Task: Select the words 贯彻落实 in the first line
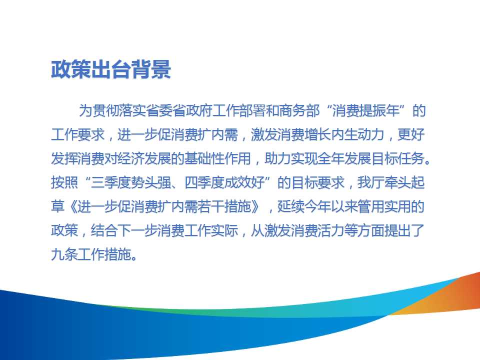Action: [119, 110]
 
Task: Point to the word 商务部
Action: [299, 110]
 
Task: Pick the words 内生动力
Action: [357, 134]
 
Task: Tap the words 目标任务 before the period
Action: [398, 158]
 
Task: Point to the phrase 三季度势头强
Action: [130, 182]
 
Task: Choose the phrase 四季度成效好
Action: [224, 182]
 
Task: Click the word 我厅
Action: [370, 182]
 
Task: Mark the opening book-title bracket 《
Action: [71, 206]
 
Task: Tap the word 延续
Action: [290, 206]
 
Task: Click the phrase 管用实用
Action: [384, 206]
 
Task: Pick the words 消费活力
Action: [317, 230]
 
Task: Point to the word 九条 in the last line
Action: [64, 254]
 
